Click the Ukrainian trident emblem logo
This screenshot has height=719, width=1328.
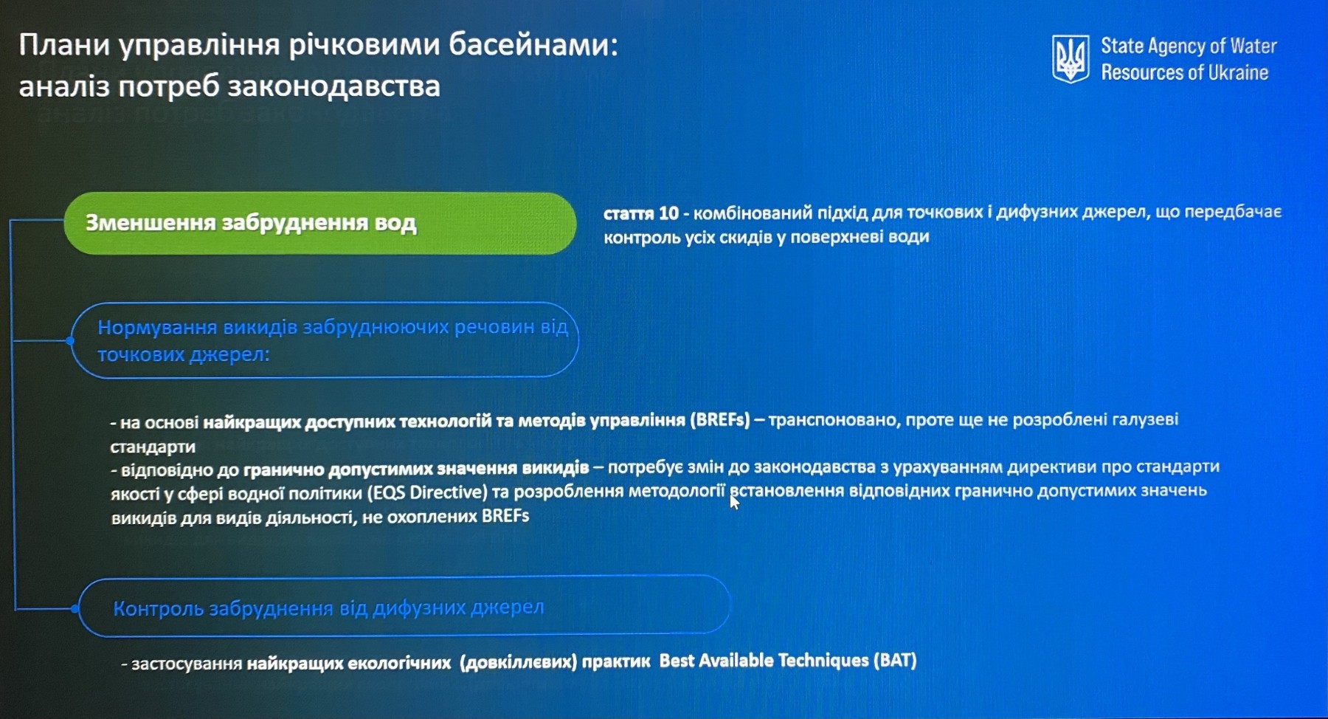[1070, 59]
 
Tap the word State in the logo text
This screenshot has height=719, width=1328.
[1122, 46]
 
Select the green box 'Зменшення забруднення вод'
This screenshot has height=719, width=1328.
[320, 223]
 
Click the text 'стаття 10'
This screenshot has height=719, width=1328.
[640, 213]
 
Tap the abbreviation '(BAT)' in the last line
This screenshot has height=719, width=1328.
[895, 660]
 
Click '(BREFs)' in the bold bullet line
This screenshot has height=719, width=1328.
[719, 420]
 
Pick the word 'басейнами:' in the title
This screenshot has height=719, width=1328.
[533, 45]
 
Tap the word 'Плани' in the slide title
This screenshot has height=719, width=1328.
[63, 46]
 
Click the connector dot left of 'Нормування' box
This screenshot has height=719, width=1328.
[70, 340]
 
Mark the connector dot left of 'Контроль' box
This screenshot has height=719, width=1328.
[75, 608]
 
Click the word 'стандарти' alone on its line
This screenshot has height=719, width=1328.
[153, 447]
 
